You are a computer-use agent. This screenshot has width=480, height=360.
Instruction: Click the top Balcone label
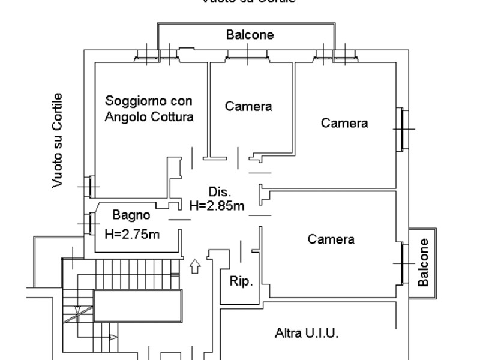tap(250, 35)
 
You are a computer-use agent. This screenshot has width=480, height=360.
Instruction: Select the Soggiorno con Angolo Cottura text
tap(149, 109)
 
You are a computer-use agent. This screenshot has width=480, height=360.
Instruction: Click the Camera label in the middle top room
tap(248, 106)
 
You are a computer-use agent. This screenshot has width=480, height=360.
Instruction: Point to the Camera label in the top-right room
tap(344, 123)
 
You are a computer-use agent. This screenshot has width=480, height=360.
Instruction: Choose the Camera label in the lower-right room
tap(331, 239)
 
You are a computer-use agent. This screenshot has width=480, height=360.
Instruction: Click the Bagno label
tap(131, 215)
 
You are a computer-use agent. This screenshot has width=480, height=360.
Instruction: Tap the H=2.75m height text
tap(132, 233)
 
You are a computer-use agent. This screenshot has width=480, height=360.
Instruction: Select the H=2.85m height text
tap(217, 206)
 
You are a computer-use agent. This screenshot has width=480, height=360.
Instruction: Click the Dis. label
tap(220, 192)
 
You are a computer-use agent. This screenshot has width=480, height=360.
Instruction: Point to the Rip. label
tap(241, 280)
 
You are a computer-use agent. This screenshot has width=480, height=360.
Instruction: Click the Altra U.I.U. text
tap(307, 332)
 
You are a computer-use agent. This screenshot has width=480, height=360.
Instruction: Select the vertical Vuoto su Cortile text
tap(57, 140)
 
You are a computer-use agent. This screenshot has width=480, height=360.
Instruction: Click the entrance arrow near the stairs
tap(195, 266)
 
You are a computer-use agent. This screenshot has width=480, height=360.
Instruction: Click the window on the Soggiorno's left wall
tap(90, 187)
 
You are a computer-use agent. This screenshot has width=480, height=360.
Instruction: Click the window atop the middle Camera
tap(247, 58)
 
